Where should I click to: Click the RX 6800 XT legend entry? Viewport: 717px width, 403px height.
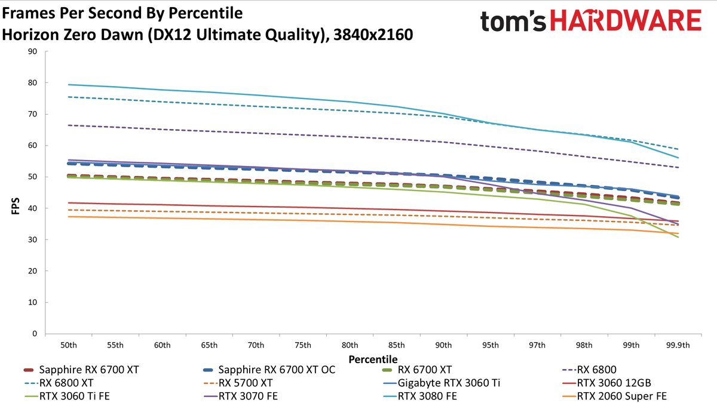point(59,383)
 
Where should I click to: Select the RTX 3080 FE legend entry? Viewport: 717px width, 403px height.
point(420,396)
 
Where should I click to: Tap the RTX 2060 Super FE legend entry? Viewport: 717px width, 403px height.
point(614,396)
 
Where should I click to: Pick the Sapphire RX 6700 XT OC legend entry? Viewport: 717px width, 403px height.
point(269,370)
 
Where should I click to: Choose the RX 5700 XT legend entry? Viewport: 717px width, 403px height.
point(238,383)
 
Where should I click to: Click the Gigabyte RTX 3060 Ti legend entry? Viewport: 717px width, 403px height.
point(442,383)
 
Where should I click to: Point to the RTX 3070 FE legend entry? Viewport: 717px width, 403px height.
point(241,396)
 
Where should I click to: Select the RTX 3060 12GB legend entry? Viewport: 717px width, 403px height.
point(606,383)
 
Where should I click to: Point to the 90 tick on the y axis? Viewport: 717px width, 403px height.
point(32,51)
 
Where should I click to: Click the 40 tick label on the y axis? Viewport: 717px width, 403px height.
point(32,208)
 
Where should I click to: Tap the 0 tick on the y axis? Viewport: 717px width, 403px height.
point(35,334)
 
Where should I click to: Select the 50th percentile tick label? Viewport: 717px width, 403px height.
point(69,345)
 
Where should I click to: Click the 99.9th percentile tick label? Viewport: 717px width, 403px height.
point(678,345)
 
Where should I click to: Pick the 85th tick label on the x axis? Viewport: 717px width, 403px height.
point(397,345)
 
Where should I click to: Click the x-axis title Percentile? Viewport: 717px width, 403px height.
point(373,359)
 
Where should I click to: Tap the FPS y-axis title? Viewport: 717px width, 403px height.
point(16,206)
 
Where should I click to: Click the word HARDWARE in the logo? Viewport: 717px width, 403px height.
point(626,20)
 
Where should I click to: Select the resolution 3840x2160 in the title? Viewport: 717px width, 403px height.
point(373,35)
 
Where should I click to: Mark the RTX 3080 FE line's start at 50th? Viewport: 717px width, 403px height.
point(69,85)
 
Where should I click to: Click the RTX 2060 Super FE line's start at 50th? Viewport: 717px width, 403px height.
point(69,217)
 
